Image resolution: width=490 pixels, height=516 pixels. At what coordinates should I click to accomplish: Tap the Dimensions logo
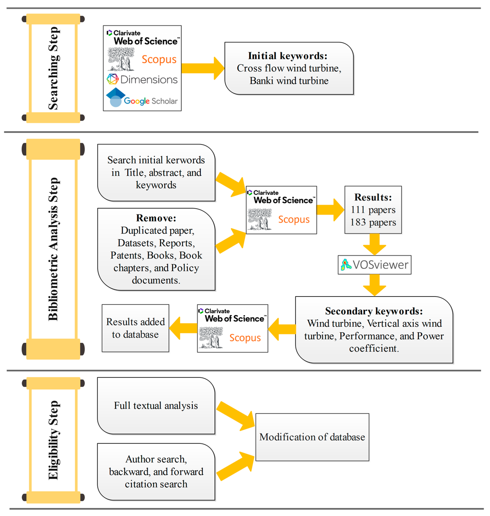pos(142,79)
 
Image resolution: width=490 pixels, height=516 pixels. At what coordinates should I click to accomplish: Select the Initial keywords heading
pos(288,56)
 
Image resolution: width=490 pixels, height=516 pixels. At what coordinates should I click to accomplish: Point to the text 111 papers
pos(373,210)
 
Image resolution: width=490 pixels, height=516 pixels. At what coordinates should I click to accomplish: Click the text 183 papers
pos(373,222)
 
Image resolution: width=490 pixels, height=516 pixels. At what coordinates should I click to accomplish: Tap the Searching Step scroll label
pos(53,68)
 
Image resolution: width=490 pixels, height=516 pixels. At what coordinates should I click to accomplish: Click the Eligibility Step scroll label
pos(53,440)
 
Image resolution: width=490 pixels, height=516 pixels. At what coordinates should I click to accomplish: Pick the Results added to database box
pos(135,328)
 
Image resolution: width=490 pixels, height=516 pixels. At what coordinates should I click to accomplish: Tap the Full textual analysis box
pos(156,405)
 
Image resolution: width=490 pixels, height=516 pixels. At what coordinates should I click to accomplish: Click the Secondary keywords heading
pos(374,311)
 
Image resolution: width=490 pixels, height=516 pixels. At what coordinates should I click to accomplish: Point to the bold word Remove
pos(156,218)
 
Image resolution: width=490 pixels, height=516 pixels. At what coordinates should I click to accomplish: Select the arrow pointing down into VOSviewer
pos(375,244)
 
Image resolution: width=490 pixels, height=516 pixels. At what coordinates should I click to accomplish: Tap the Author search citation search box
pos(156,472)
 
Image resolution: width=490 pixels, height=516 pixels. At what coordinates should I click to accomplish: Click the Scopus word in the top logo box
pos(159,59)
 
